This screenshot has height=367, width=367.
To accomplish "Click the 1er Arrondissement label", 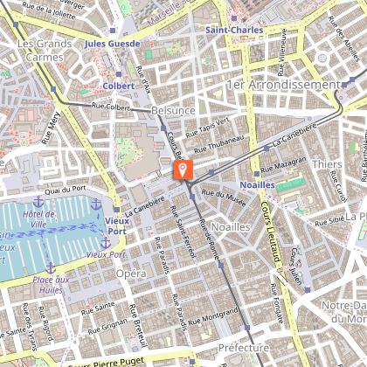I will point(281,85).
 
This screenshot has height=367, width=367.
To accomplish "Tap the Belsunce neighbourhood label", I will point(173,112).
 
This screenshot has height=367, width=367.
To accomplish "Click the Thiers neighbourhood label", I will point(326,164).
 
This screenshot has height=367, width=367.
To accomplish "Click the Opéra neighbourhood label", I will point(130,274).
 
